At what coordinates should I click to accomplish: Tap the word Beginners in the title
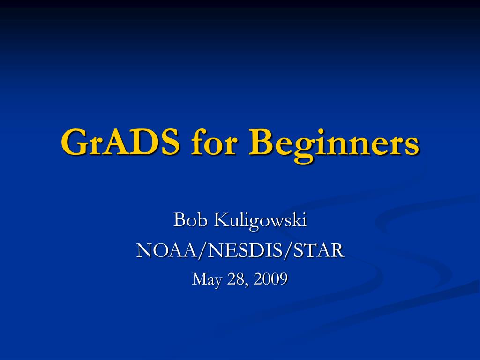pos(334,144)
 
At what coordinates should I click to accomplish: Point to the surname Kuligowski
pos(260,221)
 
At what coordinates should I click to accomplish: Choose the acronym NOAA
pos(167,250)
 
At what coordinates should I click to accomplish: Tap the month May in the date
pos(207,279)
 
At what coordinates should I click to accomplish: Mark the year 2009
pos(270,278)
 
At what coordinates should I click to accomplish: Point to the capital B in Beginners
pos(261,142)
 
